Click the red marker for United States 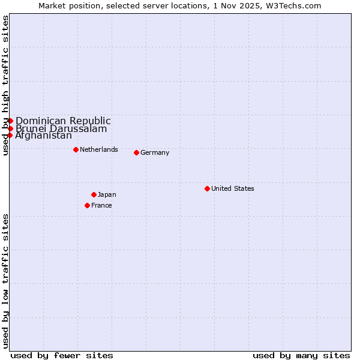tap(207, 188)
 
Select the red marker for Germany tap(136, 152)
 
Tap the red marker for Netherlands tap(76, 149)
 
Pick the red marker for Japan tap(94, 194)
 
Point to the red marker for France tap(87, 205)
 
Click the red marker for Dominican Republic tap(10, 121)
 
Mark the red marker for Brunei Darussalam tap(10, 128)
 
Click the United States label tap(233, 188)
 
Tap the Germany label tap(155, 152)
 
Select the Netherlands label tap(99, 149)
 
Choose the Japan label tap(107, 194)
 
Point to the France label tap(101, 205)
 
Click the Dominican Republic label tap(63, 121)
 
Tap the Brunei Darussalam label tap(61, 128)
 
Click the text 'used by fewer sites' tap(62, 355)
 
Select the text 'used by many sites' tap(301, 355)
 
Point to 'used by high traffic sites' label tap(5, 85)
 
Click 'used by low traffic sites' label tap(5, 280)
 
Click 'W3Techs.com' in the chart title tap(296, 5)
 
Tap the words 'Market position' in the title tap(65, 5)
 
